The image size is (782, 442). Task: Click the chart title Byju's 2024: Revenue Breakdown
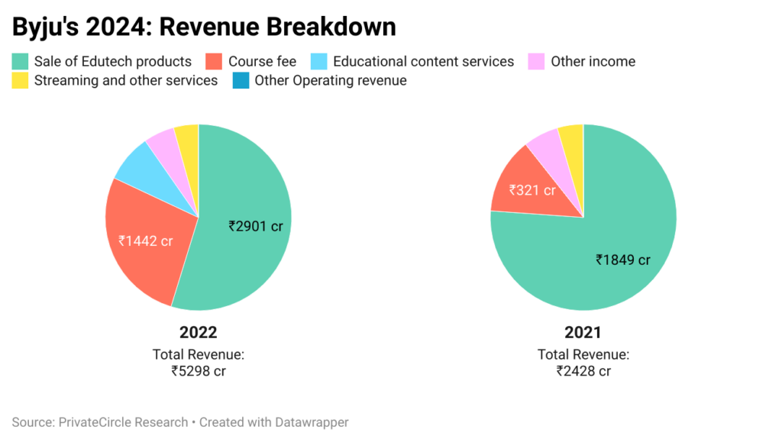pyautogui.click(x=204, y=26)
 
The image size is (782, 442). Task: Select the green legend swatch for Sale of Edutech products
pyautogui.click(x=21, y=61)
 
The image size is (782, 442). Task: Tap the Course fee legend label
pyautogui.click(x=262, y=61)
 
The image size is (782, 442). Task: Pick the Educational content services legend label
pyautogui.click(x=423, y=61)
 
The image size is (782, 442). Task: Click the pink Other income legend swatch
pyautogui.click(x=537, y=61)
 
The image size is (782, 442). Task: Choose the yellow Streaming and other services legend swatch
pyautogui.click(x=21, y=80)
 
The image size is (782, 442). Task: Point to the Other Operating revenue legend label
pyautogui.click(x=330, y=80)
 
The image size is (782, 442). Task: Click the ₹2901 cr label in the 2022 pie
pyautogui.click(x=256, y=225)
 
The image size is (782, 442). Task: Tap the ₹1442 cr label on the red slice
pyautogui.click(x=145, y=240)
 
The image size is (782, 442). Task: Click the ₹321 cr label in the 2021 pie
pyautogui.click(x=532, y=190)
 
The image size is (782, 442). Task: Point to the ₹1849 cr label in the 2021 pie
pyautogui.click(x=623, y=260)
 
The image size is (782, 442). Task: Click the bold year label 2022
pyautogui.click(x=198, y=333)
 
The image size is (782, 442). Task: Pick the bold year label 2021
pyautogui.click(x=583, y=333)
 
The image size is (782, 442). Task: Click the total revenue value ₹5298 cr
pyautogui.click(x=198, y=371)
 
